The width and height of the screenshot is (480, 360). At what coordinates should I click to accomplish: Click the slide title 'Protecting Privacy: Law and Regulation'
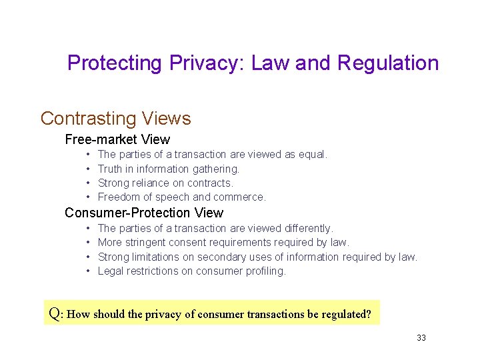click(x=253, y=63)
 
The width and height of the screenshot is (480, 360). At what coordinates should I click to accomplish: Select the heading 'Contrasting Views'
click(x=115, y=119)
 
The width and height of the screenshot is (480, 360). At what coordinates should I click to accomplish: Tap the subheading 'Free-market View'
click(x=117, y=139)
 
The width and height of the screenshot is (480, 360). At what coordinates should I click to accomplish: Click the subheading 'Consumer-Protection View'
click(x=143, y=213)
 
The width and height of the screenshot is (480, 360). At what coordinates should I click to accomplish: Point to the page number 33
click(x=421, y=338)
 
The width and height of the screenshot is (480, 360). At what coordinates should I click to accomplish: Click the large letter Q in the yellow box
click(x=55, y=313)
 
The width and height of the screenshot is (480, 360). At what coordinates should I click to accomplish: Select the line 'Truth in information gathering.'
click(x=168, y=169)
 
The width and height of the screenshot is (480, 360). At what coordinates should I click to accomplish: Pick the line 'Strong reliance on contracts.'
click(x=165, y=183)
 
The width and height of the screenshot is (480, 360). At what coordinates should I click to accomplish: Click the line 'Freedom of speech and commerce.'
click(x=181, y=197)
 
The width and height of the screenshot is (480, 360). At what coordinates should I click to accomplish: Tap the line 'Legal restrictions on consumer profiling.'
click(x=191, y=271)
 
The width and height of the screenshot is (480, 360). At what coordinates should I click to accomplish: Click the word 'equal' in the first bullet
click(x=312, y=155)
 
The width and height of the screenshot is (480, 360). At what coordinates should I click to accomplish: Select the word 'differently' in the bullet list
click(x=307, y=229)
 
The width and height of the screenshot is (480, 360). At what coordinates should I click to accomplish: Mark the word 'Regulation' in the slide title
click(x=388, y=63)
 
